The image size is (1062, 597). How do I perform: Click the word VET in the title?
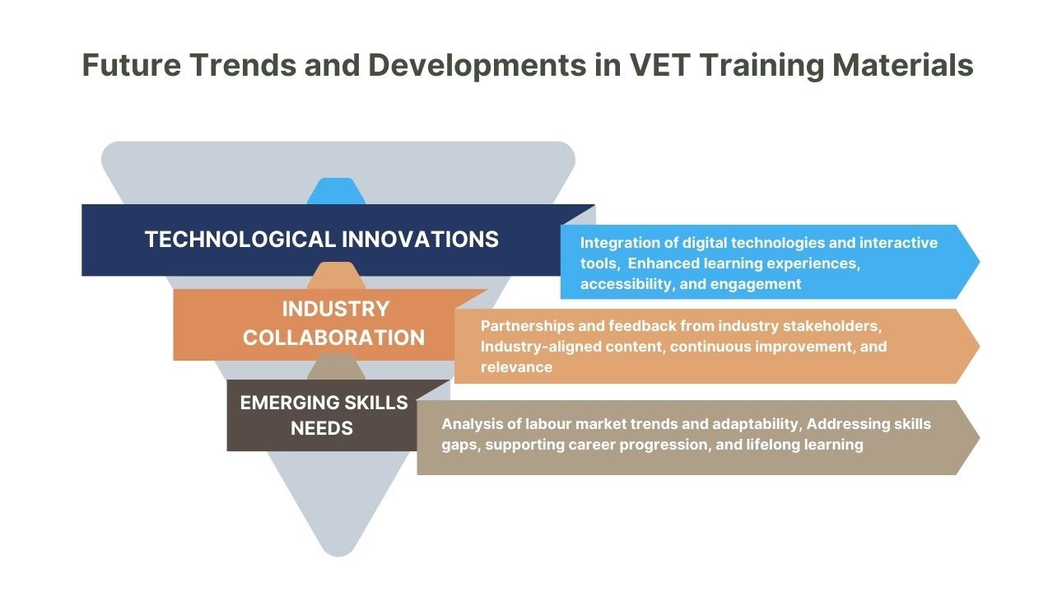(658, 64)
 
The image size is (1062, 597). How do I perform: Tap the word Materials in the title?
(902, 64)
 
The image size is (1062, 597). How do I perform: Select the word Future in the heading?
(132, 64)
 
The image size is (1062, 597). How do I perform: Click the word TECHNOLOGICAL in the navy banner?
(240, 240)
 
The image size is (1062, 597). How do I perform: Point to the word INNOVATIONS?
(420, 240)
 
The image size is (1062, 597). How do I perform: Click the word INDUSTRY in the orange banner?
(336, 309)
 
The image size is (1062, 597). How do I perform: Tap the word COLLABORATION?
(333, 338)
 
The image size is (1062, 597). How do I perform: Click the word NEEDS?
(321, 429)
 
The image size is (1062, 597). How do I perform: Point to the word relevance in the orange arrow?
(516, 367)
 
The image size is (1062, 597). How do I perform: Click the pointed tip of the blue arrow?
(979, 262)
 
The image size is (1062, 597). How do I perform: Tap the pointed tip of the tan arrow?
(979, 438)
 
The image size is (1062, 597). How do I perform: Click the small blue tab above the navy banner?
(336, 191)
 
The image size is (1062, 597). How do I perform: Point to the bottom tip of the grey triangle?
(338, 556)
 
